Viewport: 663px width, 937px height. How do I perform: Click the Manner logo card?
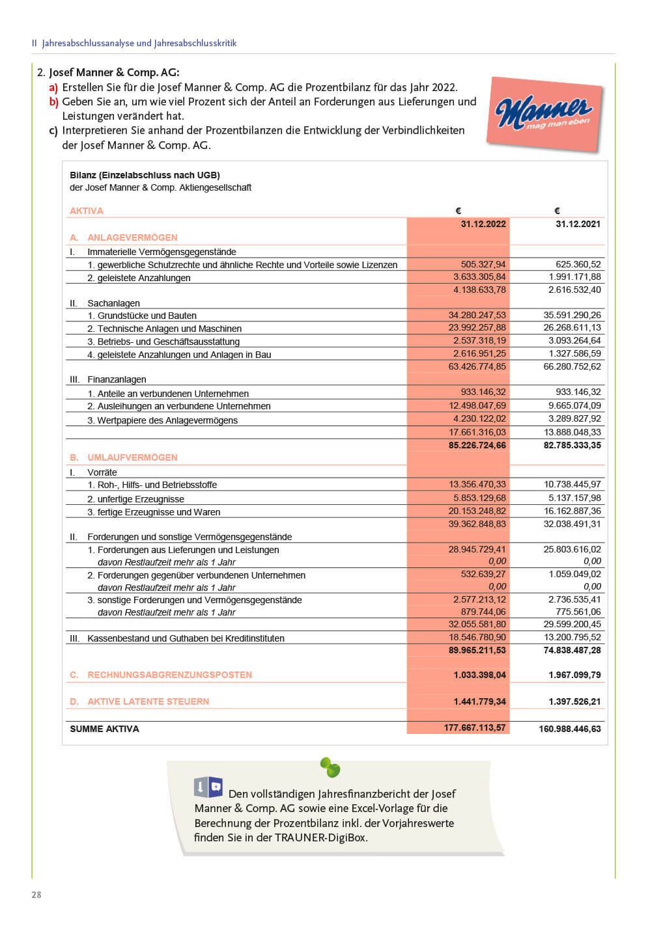[544, 115]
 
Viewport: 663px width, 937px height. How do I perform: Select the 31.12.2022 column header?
[483, 224]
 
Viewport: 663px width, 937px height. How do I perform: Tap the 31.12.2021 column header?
[578, 224]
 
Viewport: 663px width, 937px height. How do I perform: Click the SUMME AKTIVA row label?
[104, 729]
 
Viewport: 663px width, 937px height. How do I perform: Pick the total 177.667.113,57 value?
[475, 727]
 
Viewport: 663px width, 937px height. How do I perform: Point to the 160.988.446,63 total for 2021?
[570, 729]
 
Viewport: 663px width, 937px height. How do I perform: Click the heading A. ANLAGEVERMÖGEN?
[124, 238]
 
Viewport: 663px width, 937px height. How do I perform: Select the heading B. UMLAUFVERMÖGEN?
[124, 457]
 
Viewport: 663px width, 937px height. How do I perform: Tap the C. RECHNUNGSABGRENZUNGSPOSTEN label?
[161, 675]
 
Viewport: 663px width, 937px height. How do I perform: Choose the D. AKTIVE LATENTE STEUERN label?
[140, 701]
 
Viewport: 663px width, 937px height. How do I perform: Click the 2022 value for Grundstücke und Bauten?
[477, 315]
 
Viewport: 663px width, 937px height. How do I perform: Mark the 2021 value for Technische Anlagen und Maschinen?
[572, 328]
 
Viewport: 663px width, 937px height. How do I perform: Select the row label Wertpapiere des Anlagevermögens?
[167, 420]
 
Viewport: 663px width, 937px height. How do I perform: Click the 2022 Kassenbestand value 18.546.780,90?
[477, 637]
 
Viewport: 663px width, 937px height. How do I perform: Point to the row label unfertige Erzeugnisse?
[141, 499]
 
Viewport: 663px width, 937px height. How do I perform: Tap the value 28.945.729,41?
[477, 549]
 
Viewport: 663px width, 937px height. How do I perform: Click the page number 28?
[36, 895]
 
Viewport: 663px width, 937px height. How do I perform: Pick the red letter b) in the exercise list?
[54, 102]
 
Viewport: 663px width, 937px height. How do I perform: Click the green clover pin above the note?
[330, 768]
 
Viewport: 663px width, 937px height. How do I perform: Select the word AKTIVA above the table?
[87, 211]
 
